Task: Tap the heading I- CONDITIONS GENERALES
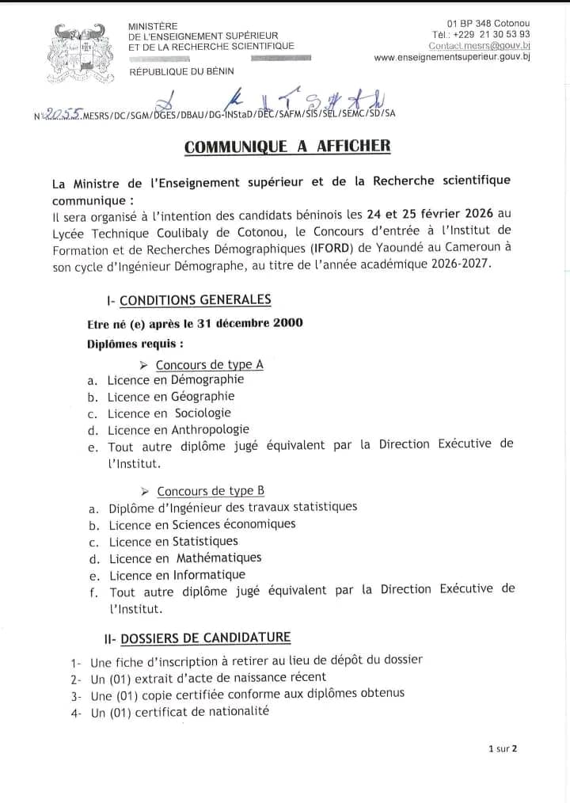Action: point(188,300)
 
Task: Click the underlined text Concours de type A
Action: point(209,365)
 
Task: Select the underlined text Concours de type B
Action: point(211,492)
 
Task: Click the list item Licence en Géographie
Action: point(171,397)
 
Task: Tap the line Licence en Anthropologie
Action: point(178,430)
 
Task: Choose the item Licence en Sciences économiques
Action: point(202,524)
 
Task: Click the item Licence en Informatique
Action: point(177,575)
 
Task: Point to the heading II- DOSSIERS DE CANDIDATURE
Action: point(197,637)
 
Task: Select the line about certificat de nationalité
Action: point(180,711)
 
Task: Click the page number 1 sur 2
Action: point(503,748)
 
